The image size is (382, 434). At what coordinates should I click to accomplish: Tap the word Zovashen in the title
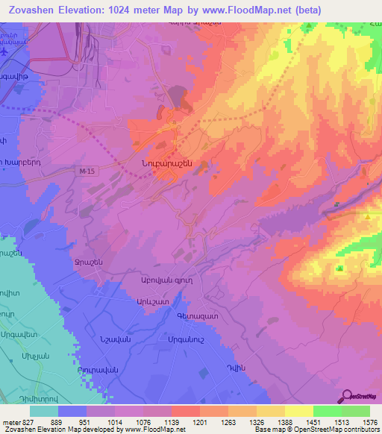(34, 9)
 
